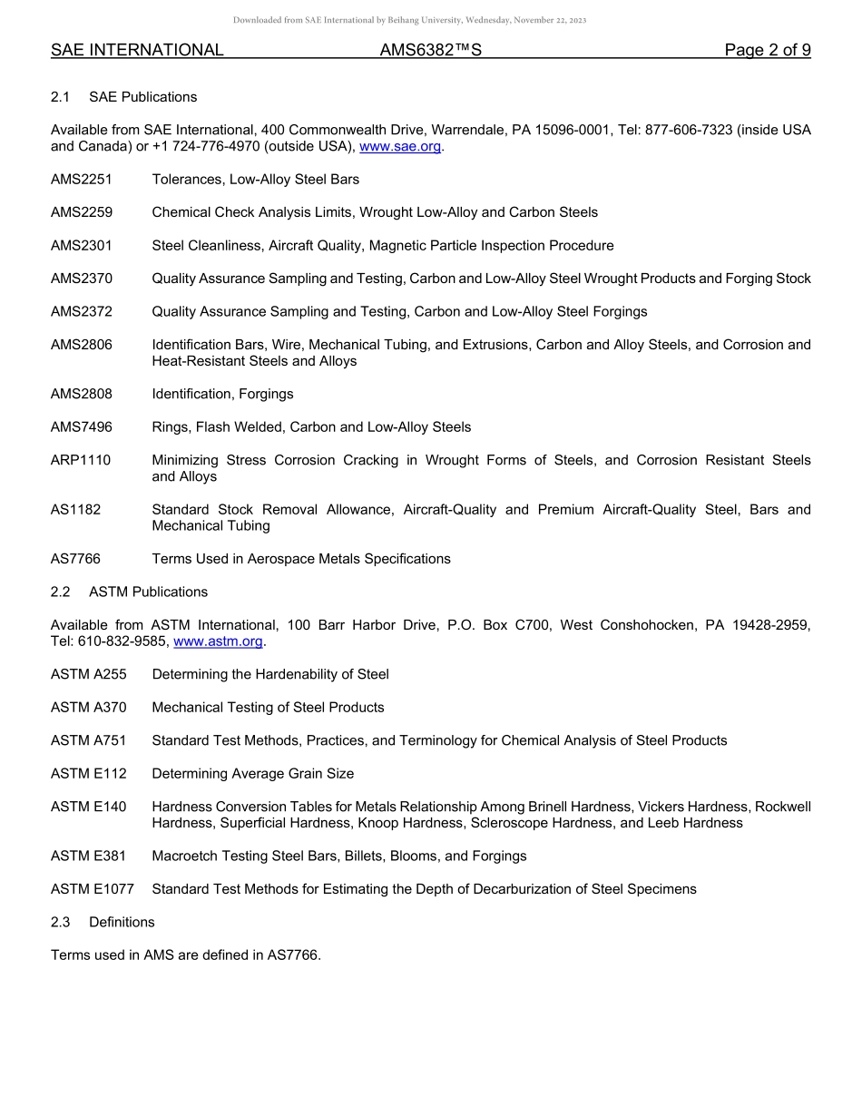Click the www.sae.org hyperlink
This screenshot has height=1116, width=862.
point(400,147)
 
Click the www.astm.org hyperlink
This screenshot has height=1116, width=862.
point(218,641)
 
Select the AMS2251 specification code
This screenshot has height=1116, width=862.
point(82,180)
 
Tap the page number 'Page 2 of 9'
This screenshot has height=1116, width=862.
point(767,51)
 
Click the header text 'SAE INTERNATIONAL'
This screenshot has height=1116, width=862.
point(137,51)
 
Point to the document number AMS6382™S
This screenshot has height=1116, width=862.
point(430,51)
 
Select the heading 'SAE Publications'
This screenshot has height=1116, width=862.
point(142,97)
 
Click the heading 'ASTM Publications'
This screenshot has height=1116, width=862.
point(148,592)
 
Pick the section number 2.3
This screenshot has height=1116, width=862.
point(61,922)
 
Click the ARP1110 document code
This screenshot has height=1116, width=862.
point(81,460)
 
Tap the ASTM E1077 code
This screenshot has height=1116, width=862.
point(93,889)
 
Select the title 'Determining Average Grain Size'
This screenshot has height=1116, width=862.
point(252,774)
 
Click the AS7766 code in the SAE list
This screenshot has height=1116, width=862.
point(75,559)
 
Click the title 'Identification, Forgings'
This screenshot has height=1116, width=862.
point(222,394)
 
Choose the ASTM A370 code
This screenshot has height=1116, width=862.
point(89,708)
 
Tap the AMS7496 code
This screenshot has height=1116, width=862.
point(82,427)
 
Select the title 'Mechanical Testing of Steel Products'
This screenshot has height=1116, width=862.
point(268,708)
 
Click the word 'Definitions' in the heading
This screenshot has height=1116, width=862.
point(122,922)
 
